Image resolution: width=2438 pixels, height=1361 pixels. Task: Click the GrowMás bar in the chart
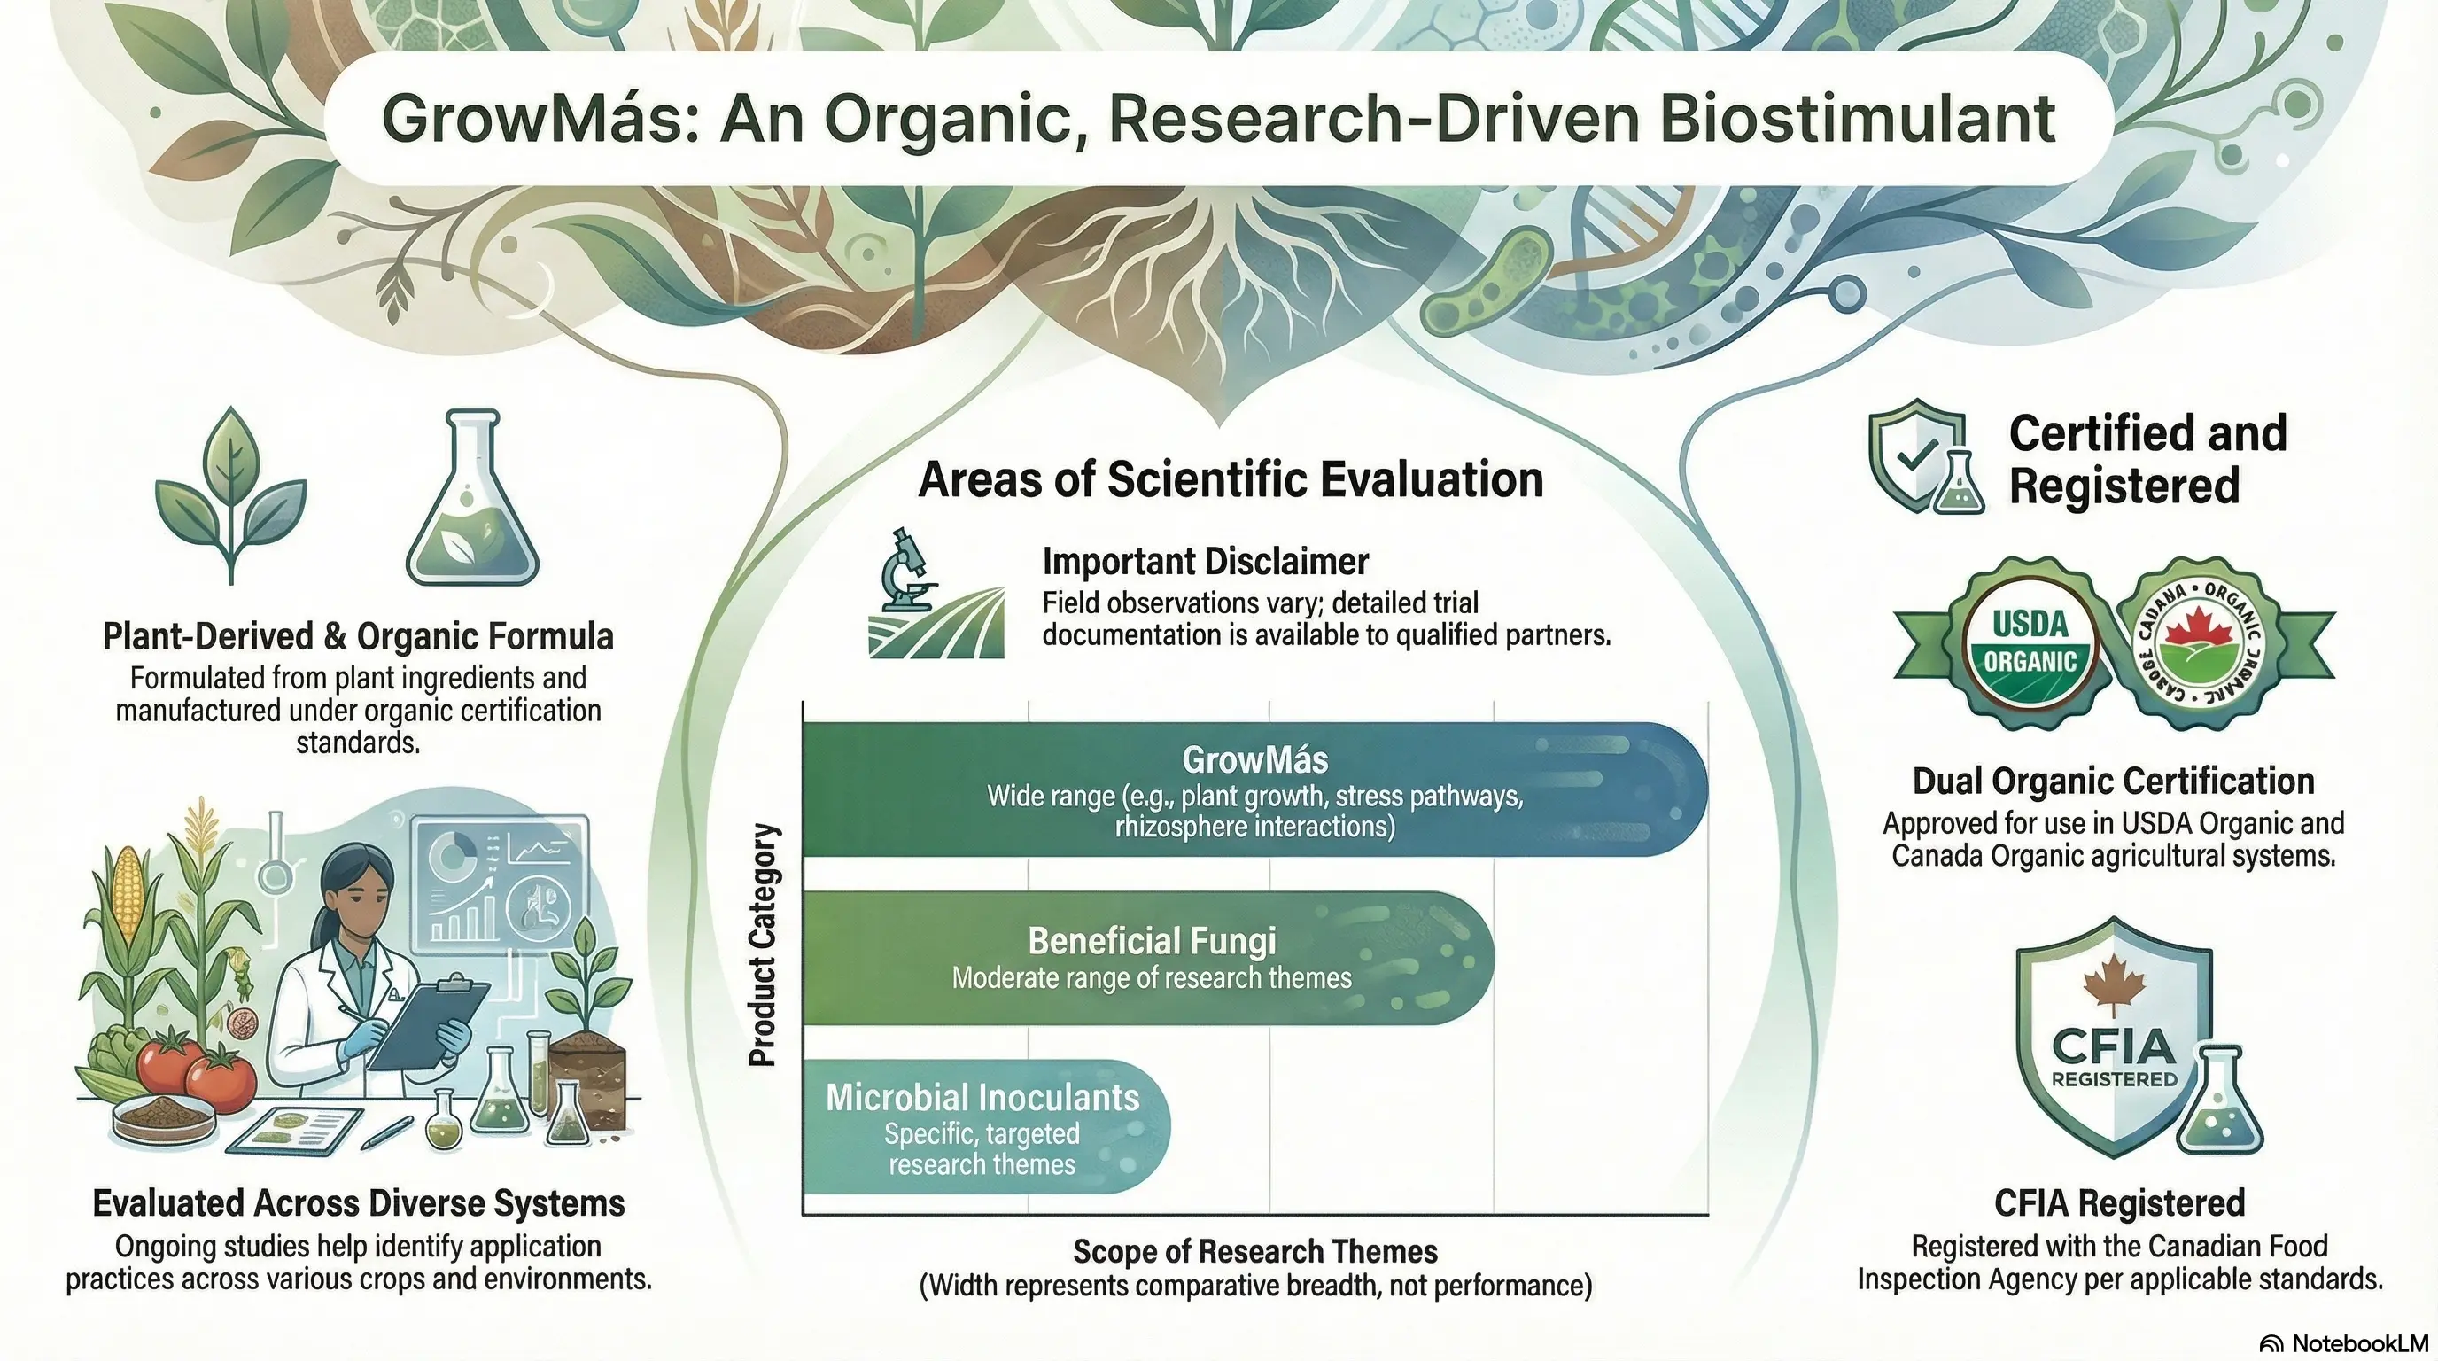[1254, 789]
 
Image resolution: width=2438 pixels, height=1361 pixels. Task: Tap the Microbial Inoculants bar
[984, 1126]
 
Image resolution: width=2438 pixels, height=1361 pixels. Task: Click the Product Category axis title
[764, 945]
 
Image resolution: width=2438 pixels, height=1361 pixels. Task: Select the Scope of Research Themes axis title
[1255, 1251]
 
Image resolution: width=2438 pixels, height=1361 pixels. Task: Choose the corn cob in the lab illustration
[128, 889]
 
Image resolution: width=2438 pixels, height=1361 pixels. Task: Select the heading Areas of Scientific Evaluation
[1231, 480]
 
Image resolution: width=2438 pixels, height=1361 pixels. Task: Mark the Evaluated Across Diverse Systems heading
[359, 1204]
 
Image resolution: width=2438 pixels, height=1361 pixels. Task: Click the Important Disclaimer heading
[1205, 562]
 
